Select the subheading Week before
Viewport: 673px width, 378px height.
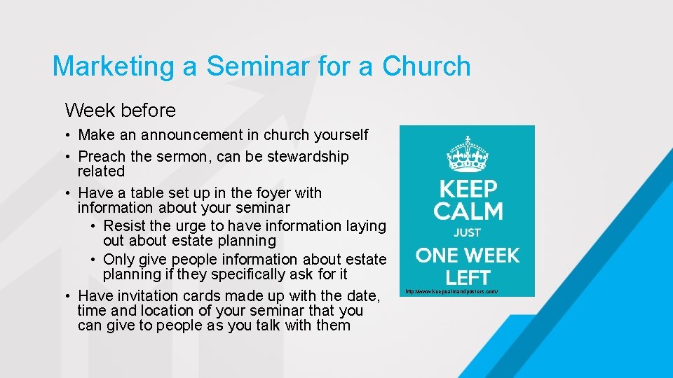pyautogui.click(x=120, y=111)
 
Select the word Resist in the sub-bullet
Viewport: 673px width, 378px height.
pyautogui.click(x=124, y=226)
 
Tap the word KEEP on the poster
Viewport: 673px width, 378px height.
pyautogui.click(x=468, y=189)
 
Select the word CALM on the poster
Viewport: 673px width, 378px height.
pyautogui.click(x=468, y=211)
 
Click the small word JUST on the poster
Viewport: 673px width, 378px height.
pyautogui.click(x=468, y=233)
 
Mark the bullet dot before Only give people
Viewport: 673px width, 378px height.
pyautogui.click(x=94, y=260)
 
